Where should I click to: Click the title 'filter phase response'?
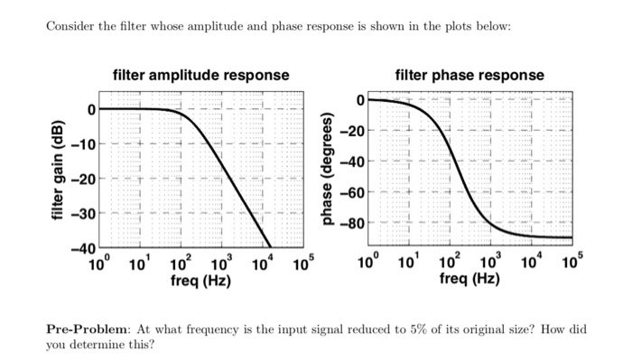point(469,74)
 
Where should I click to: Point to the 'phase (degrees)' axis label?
point(328,172)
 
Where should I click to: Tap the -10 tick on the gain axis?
point(84,144)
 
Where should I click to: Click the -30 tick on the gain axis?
point(84,214)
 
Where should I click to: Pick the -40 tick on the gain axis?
point(84,248)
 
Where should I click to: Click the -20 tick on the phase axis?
point(353,132)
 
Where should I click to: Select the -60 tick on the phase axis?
point(353,193)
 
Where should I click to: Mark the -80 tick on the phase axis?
point(353,224)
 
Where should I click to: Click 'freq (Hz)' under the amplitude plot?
point(200,282)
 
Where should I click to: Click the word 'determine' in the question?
point(100,344)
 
